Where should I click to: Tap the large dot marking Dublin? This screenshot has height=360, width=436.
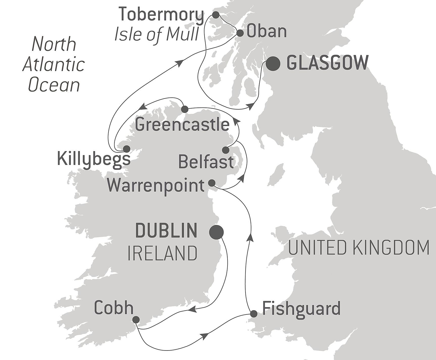217,232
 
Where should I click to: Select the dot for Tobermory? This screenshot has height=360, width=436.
216,15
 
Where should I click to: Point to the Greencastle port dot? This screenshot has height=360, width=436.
185,109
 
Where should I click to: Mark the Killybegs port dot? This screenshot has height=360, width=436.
126,149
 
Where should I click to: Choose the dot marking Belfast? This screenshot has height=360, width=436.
225,150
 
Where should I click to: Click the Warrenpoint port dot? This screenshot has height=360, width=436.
212,183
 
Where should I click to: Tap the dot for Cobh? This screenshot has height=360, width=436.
136,320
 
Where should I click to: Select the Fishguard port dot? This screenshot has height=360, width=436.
253,314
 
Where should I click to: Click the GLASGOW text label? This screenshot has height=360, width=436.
327,63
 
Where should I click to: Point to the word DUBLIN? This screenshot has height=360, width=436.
166,230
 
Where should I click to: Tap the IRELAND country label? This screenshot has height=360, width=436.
163,253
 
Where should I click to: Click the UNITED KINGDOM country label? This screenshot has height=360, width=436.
358,248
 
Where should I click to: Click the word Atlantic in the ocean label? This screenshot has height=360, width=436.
54,64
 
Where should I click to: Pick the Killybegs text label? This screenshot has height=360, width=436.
94,159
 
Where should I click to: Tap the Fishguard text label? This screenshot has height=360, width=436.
301,308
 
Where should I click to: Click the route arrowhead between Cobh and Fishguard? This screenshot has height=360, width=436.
205,336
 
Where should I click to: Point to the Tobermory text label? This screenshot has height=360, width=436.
161,15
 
